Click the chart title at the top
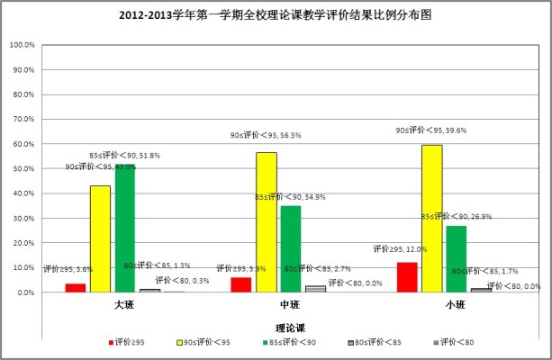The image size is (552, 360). [276, 16]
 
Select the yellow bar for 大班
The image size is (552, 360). [100, 238]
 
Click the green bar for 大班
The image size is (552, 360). [125, 229]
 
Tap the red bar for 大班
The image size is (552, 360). [76, 288]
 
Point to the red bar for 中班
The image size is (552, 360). [240, 284]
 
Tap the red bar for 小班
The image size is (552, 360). [407, 277]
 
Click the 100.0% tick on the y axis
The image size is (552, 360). [22, 45]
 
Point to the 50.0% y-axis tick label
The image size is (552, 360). [22, 169]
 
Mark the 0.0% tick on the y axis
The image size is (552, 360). [23, 293]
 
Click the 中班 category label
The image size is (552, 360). [290, 306]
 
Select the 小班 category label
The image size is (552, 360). [456, 306]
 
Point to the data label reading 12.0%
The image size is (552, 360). [401, 249]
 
